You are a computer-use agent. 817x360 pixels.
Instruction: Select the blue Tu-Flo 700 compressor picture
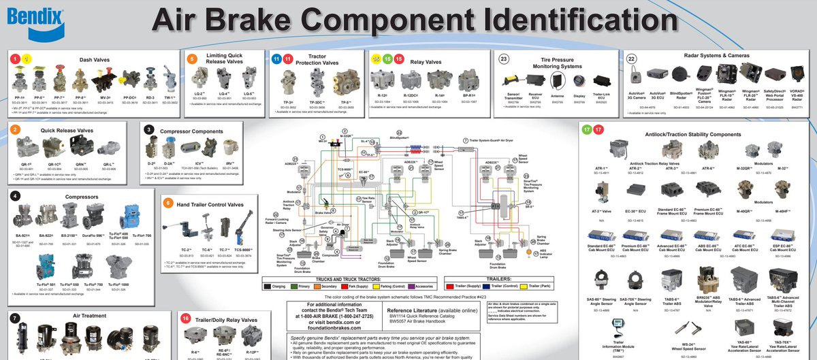click(x=142, y=216)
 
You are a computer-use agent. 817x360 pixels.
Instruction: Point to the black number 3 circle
click(x=149, y=129)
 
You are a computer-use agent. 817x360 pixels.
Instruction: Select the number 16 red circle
click(x=185, y=318)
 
